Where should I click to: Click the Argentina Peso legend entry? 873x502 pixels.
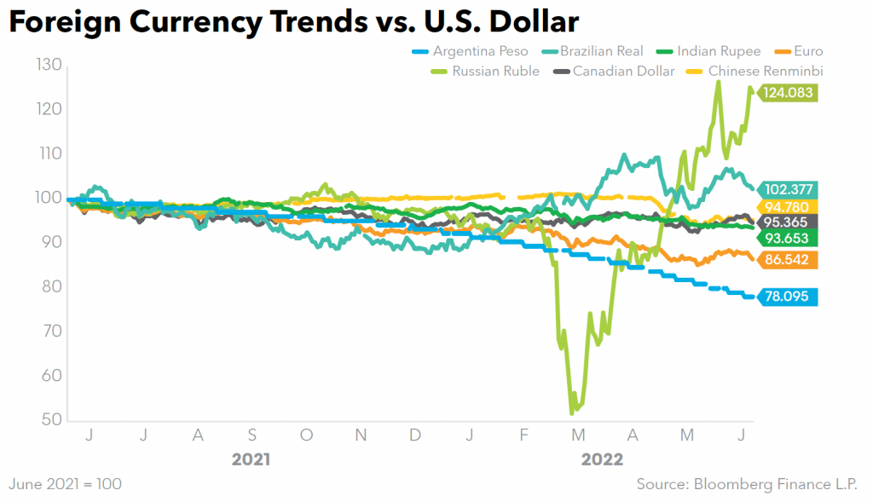475,52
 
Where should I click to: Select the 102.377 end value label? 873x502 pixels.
788,189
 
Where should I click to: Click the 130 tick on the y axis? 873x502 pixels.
49,65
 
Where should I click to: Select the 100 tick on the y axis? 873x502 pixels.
49,198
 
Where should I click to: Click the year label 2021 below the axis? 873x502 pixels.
251,460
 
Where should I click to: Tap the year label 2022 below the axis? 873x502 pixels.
602,460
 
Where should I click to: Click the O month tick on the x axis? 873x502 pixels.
306,436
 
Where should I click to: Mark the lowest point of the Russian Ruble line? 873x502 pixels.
571,413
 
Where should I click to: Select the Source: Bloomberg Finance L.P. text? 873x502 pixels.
749,484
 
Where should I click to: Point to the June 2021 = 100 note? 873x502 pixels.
65,484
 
